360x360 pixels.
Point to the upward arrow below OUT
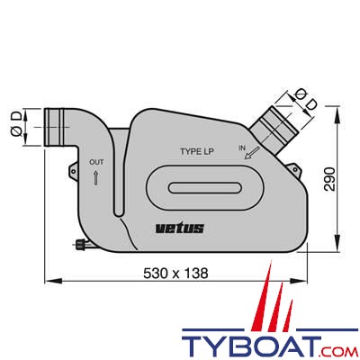[96, 177]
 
